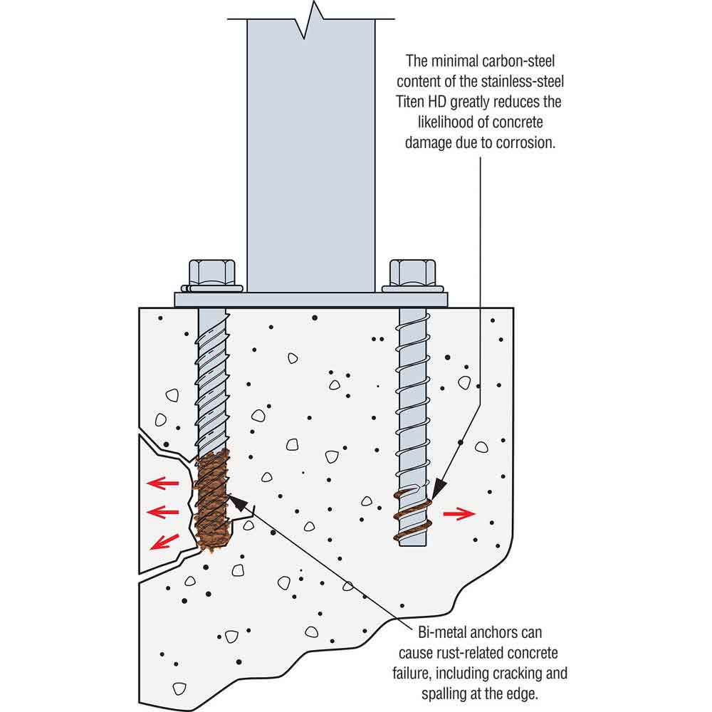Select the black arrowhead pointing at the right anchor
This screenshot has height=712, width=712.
(438, 491)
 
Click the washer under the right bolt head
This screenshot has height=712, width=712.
(413, 288)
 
